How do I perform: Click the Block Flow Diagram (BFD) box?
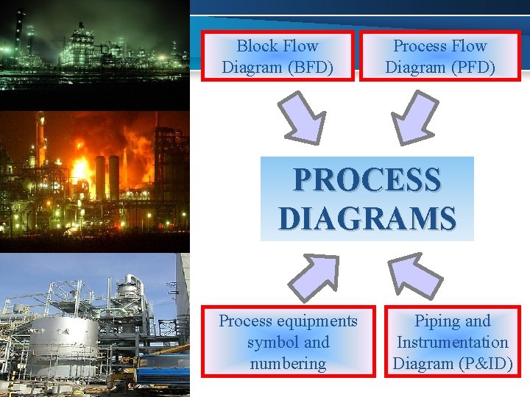278,56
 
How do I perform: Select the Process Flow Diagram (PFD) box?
439,56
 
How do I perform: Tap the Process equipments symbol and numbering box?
288,342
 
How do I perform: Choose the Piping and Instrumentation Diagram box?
452,342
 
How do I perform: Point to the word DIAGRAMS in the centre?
367,218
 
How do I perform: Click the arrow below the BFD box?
303,115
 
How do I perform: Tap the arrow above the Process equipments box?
311,277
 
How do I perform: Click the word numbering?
288,363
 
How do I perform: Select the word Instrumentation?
452,342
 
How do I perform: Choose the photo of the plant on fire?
94,176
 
